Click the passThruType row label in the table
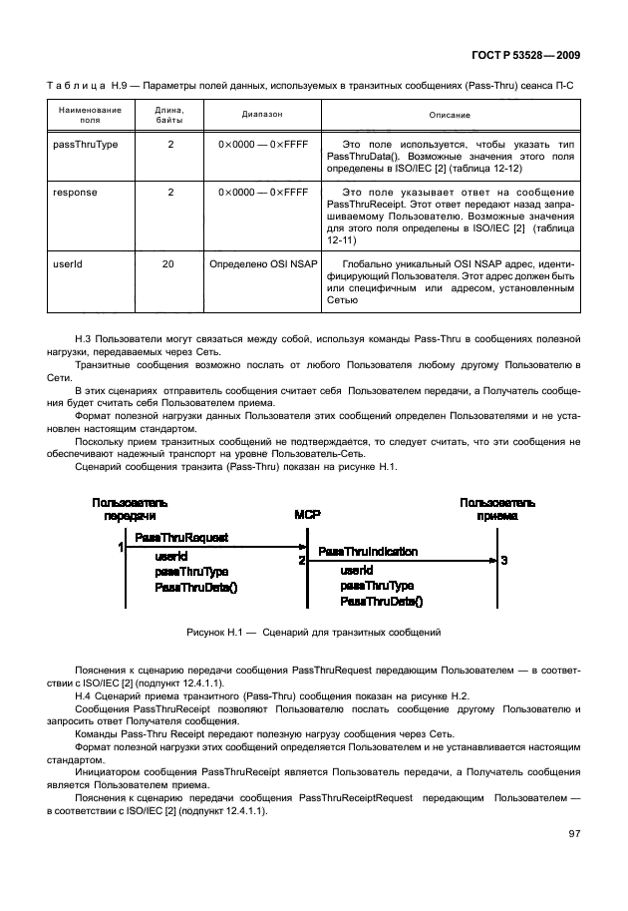point(85,145)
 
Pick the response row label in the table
point(75,192)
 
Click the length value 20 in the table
point(169,264)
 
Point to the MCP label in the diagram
point(306,515)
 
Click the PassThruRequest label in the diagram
point(180,537)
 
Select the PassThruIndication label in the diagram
point(368,551)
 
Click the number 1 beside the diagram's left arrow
point(120,547)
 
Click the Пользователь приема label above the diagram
point(496,509)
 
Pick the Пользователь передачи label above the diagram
point(130,509)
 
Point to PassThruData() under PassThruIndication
point(381,601)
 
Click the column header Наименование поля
point(90,116)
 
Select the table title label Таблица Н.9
point(100,86)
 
